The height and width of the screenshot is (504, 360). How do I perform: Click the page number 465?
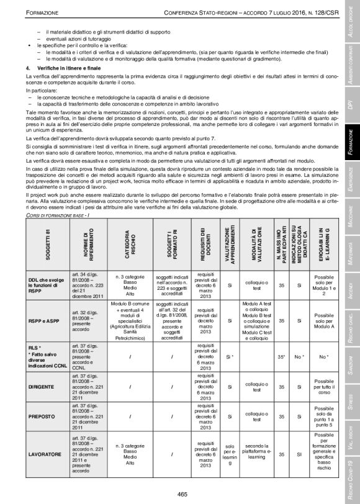click(x=182, y=494)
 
